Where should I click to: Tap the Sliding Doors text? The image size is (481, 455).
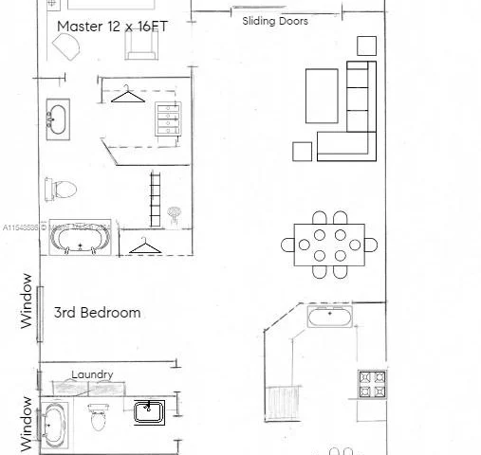[x=274, y=21]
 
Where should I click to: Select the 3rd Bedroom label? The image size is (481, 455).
[x=97, y=312]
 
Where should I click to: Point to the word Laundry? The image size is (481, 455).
[x=92, y=374]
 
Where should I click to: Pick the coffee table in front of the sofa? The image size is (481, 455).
[x=321, y=96]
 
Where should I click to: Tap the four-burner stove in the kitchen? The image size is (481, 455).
[x=371, y=383]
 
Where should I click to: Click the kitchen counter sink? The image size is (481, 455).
[x=330, y=317]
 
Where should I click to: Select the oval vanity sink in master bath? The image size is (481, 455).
[x=58, y=119]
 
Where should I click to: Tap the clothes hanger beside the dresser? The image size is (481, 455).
[x=126, y=95]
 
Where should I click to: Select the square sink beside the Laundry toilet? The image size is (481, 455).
[x=149, y=411]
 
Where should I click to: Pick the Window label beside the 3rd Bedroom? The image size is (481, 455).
[x=28, y=300]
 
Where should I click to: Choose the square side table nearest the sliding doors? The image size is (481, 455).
[x=366, y=45]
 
